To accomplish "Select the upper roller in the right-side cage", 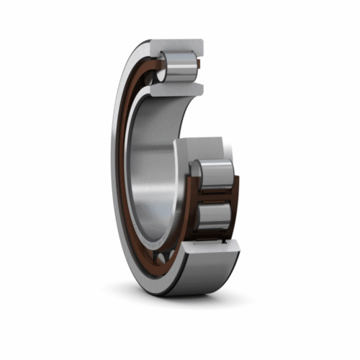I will coord(213,176).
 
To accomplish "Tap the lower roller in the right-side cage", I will coord(213,215).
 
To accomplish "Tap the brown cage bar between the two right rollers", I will coord(213,197).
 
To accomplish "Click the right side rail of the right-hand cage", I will coord(234,202).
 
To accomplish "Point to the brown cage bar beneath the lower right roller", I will coord(213,234).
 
